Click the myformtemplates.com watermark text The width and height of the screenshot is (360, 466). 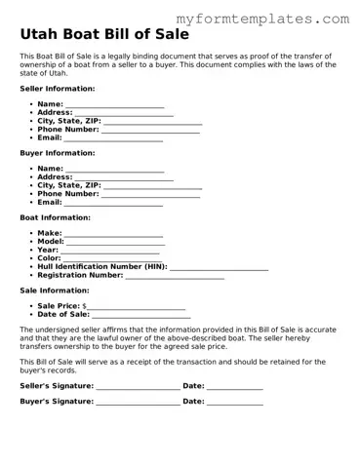[263, 19]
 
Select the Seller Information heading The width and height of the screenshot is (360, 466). [58, 88]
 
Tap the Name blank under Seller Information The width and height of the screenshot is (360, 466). [114, 104]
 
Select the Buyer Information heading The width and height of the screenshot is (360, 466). [58, 153]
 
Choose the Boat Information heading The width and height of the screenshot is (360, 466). [55, 217]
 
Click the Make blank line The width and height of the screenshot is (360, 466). [113, 234]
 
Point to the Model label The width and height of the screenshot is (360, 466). [51, 242]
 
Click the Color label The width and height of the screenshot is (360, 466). [50, 258]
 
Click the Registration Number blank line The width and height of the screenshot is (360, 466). [175, 276]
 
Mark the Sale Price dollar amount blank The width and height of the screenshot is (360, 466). [138, 307]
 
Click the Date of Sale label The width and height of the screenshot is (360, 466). [63, 315]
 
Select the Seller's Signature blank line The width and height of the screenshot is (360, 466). [138, 387]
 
